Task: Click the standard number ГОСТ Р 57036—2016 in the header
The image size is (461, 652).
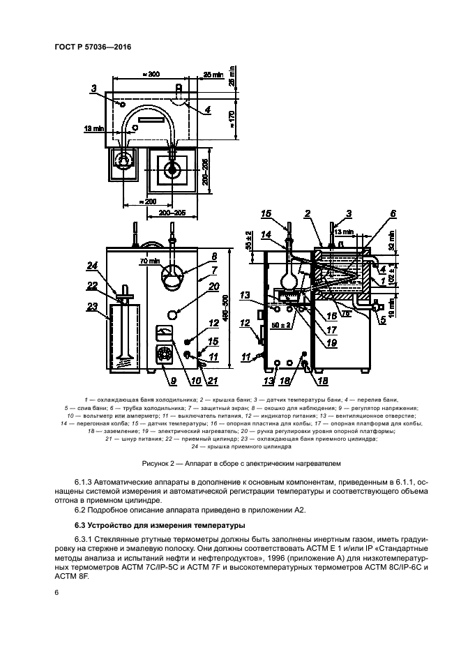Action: point(93,47)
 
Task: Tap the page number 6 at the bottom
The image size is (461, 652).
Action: point(56,591)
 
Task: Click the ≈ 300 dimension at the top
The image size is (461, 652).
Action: point(149,74)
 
